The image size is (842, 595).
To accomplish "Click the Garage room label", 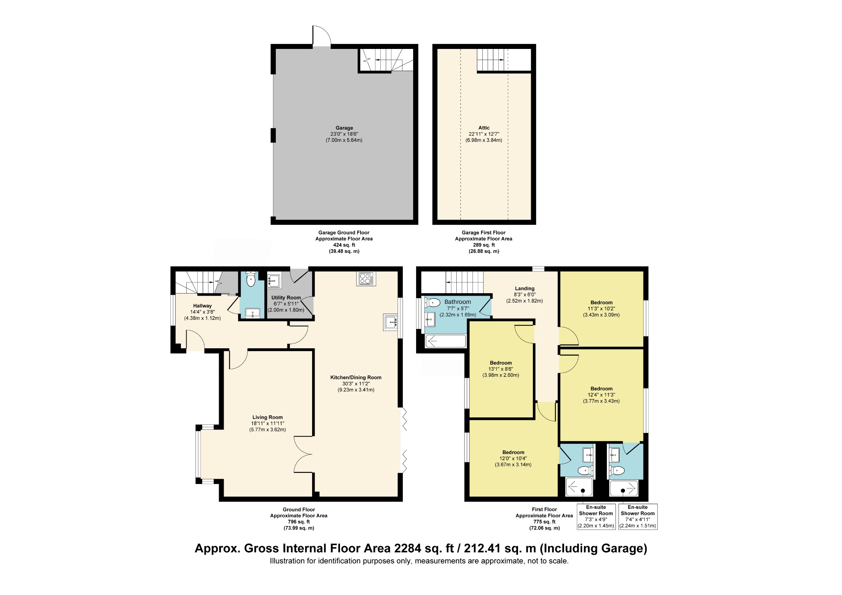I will click(x=344, y=128).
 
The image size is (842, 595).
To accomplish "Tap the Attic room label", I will click(x=484, y=128).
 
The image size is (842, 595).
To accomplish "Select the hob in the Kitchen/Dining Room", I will click(x=366, y=279).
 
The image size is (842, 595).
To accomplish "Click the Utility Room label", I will click(x=286, y=298).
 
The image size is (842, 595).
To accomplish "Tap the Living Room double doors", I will click(x=303, y=454).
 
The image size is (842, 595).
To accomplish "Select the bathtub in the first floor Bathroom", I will click(x=446, y=341).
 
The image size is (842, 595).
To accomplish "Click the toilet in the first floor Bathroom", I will click(x=433, y=303).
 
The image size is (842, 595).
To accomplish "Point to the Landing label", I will click(x=525, y=289).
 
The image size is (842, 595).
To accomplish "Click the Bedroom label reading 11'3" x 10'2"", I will click(x=601, y=303).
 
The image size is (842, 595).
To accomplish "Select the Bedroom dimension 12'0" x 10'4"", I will click(x=513, y=458).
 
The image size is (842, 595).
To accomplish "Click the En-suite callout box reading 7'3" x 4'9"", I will click(x=596, y=516).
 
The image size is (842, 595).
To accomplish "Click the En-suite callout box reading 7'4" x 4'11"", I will click(x=638, y=516).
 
